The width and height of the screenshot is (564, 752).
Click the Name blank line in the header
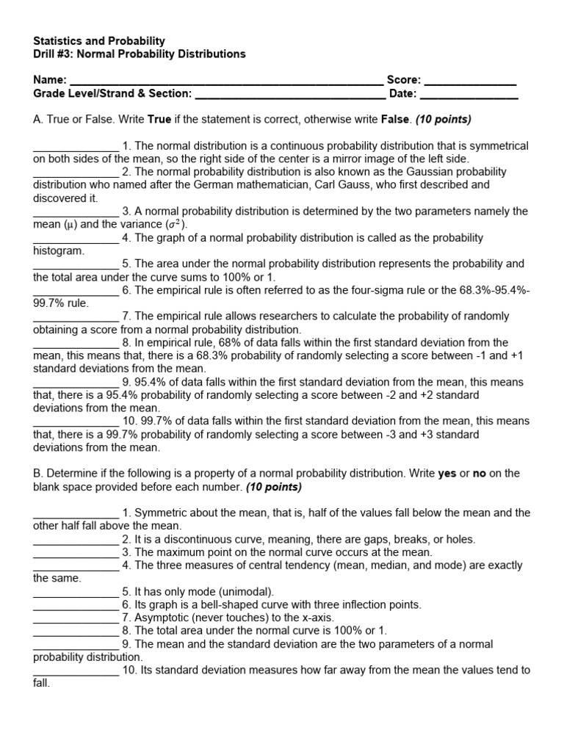(225, 82)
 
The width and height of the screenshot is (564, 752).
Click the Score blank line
(470, 82)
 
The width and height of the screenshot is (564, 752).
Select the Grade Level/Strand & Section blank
(290, 95)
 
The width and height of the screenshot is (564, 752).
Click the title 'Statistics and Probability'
(99, 41)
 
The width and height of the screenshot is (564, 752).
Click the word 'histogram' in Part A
(58, 250)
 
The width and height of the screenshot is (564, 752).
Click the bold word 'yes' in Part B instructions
(447, 474)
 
